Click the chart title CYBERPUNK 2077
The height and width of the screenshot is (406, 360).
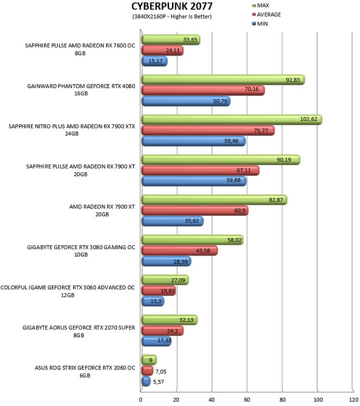pos(172,6)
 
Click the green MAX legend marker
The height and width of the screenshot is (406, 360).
pos(253,5)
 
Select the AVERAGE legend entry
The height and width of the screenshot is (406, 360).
pos(266,14)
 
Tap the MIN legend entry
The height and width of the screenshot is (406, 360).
pos(260,24)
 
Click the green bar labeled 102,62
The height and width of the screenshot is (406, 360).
pos(231,120)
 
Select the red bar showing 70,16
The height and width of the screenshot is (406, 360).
pos(203,90)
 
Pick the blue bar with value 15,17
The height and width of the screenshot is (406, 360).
pos(154,61)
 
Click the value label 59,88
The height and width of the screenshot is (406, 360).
pos(233,180)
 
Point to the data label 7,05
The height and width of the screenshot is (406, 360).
pos(161,372)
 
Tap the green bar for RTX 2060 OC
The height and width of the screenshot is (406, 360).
pos(149,360)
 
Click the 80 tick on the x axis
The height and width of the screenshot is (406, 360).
pos(282,400)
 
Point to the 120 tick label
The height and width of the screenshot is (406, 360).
pos(353,400)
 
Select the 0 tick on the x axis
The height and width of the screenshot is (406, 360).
pos(140,400)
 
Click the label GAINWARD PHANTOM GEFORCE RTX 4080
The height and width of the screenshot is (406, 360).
pos(81,86)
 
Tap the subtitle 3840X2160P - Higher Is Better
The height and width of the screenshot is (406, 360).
pos(172,16)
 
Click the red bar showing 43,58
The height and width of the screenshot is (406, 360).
pos(179,251)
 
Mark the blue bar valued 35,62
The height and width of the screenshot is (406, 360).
pos(172,221)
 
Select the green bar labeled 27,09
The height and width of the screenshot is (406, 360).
pos(165,280)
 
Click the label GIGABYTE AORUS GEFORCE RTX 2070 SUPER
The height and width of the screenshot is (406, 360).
pos(79,328)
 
